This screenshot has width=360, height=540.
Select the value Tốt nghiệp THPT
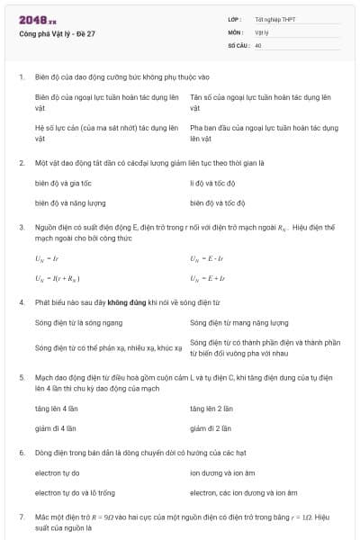click(275, 19)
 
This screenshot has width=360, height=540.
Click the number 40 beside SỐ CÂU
click(258, 44)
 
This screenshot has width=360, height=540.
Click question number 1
click(21, 76)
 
